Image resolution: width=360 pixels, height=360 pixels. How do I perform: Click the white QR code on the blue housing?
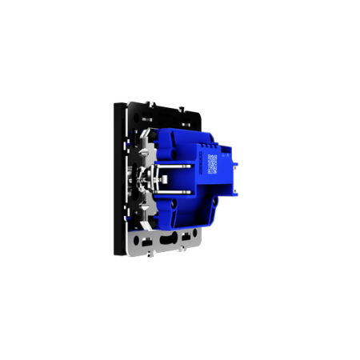pyautogui.click(x=212, y=163)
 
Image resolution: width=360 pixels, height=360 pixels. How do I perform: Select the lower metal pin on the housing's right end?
pyautogui.click(x=238, y=193)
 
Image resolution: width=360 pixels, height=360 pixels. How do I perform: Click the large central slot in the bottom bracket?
pyautogui.click(x=168, y=238)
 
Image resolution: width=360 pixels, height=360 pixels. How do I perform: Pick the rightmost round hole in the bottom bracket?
pyautogui.click(x=191, y=235)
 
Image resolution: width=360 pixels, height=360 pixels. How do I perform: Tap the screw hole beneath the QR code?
pyautogui.click(x=211, y=186)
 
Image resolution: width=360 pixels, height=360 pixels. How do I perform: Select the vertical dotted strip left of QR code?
pyautogui.click(x=203, y=164)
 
